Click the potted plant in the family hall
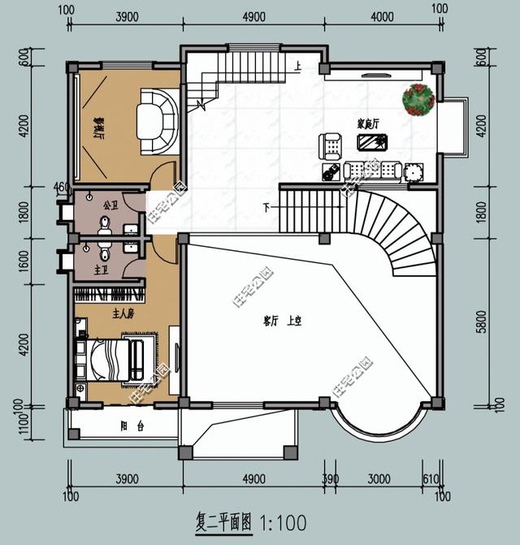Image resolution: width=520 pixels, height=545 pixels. click(x=418, y=100)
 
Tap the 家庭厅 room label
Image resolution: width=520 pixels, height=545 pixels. click(x=370, y=123)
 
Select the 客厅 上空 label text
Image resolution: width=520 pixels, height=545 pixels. click(x=282, y=322)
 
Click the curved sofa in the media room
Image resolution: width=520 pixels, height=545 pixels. click(x=157, y=121)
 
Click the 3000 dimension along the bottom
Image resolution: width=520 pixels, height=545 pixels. click(x=379, y=479)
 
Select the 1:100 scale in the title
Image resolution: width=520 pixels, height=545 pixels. click(x=283, y=520)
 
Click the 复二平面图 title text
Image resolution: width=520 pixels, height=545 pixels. click(x=224, y=520)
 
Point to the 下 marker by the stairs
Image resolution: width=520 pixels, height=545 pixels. click(x=266, y=208)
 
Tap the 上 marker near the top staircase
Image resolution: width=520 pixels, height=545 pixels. click(x=299, y=66)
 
